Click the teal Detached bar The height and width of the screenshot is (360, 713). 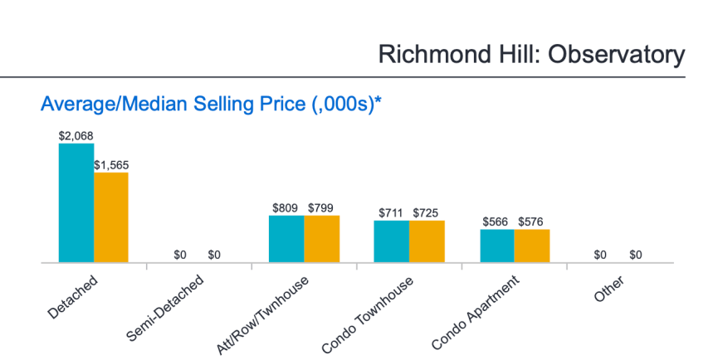point(76,203)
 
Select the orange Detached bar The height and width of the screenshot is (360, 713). point(110,217)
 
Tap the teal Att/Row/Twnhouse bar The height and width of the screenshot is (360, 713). point(286,239)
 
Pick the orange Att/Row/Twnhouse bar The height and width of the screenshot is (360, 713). point(321,239)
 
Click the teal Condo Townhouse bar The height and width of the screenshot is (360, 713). point(391,241)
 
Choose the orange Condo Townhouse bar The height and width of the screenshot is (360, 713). point(427,241)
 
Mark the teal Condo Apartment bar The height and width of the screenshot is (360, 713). point(496,246)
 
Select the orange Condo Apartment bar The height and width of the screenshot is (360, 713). point(532,246)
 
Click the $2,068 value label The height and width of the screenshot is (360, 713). point(76,134)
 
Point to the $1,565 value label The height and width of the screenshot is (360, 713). point(111,164)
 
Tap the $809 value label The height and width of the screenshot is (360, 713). point(286,207)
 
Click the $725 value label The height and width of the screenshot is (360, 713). point(427,212)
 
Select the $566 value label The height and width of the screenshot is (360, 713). point(496,221)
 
